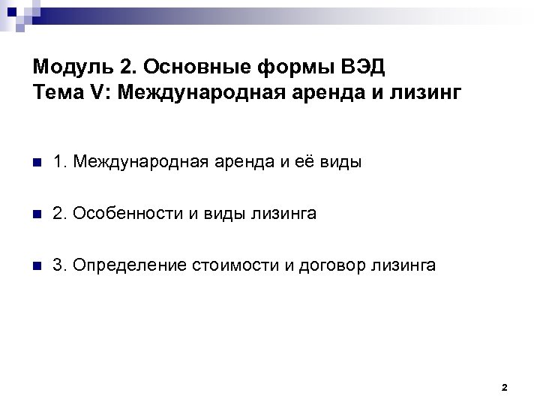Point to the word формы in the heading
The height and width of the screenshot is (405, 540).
[282, 67]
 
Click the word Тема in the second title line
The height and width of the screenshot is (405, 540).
[56, 93]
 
